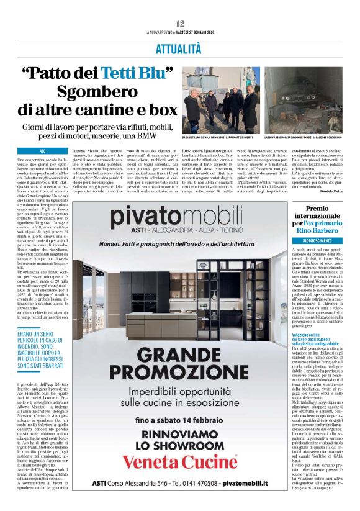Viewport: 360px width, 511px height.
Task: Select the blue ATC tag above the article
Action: click(x=43, y=151)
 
